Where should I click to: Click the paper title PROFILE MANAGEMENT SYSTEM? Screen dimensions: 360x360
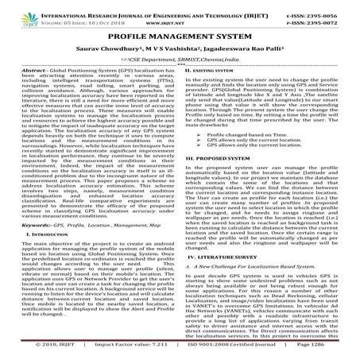tap(180, 37)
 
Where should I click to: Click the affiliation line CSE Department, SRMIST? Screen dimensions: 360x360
tap(180, 60)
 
